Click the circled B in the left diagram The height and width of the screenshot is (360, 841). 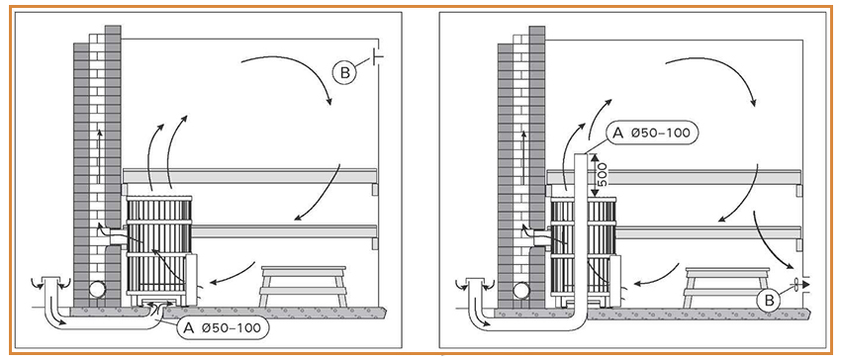pyautogui.click(x=343, y=73)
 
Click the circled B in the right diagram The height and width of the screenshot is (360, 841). pyautogui.click(x=769, y=302)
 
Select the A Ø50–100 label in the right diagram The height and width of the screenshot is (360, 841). pyautogui.click(x=651, y=134)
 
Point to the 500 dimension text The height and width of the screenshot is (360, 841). pyautogui.click(x=603, y=175)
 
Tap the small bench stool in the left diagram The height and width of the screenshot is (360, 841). pyautogui.click(x=303, y=286)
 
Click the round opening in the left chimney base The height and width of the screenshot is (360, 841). pyautogui.click(x=97, y=291)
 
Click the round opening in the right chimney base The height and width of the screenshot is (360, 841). pyautogui.click(x=521, y=291)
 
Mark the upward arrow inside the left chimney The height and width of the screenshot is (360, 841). pyautogui.click(x=98, y=155)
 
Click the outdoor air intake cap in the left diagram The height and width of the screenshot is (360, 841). pyautogui.click(x=52, y=282)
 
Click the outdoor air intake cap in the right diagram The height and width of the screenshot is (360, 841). pyautogui.click(x=477, y=282)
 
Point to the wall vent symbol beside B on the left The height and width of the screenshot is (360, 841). pyautogui.click(x=377, y=55)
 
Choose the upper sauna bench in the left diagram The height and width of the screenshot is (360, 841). pyautogui.click(x=249, y=177)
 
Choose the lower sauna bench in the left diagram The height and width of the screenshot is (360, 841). pyautogui.click(x=284, y=231)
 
